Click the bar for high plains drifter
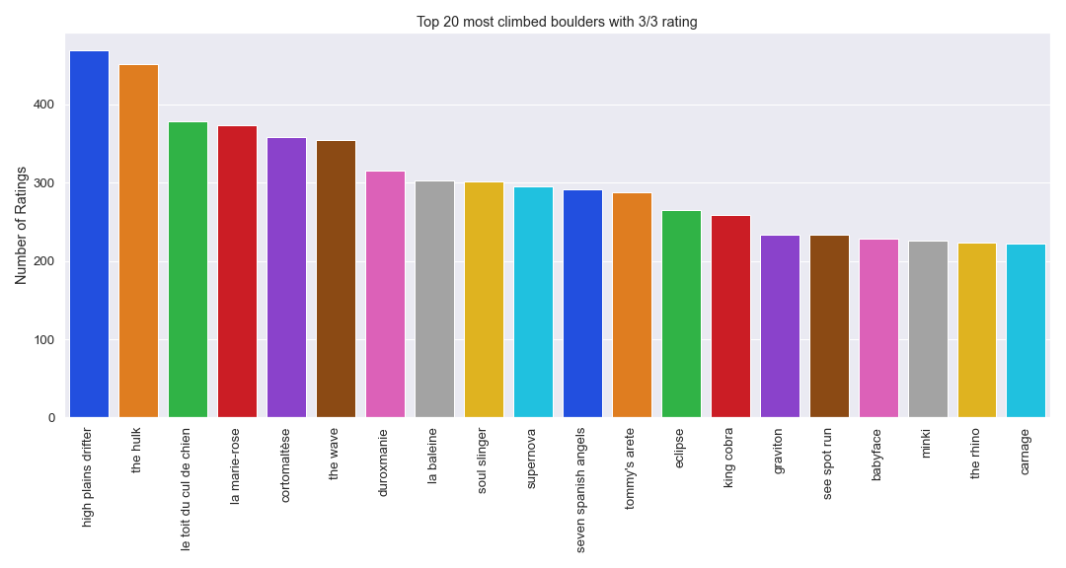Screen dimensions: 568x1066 click(x=89, y=235)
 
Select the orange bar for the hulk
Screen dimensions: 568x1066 click(x=138, y=242)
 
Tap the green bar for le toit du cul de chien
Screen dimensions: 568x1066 click(x=188, y=270)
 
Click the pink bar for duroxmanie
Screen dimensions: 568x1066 click(x=385, y=295)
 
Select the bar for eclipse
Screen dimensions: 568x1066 click(x=681, y=315)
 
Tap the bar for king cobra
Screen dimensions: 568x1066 click(x=730, y=317)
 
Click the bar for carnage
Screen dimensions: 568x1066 click(x=1027, y=331)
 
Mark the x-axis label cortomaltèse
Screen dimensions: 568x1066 click(x=286, y=464)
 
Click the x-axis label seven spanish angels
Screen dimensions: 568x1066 click(x=581, y=490)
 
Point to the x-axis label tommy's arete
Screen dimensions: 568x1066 click(x=631, y=468)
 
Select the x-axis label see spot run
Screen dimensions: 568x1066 click(x=828, y=463)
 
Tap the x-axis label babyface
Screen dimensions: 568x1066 click(x=877, y=455)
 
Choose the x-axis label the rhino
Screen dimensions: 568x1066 click(x=976, y=454)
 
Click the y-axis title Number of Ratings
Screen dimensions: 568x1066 click(x=21, y=227)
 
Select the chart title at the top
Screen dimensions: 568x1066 click(x=557, y=22)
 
